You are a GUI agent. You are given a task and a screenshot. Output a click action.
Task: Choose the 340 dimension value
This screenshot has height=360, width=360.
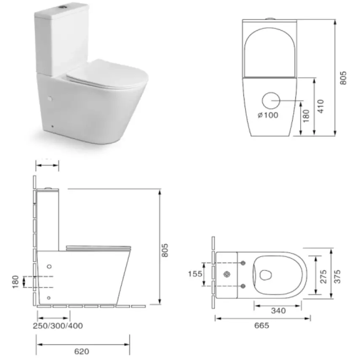pyautogui.click(x=278, y=311)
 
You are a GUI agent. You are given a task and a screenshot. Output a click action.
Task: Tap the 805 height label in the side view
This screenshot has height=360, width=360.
pyautogui.click(x=165, y=251)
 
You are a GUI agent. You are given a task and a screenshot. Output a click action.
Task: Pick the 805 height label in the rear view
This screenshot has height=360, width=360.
pyautogui.click(x=343, y=78)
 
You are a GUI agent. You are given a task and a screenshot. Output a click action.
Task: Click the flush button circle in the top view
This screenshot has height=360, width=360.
pyautogui.click(x=228, y=275)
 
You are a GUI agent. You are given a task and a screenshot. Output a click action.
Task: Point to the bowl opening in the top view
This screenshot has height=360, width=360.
pyautogui.click(x=266, y=275)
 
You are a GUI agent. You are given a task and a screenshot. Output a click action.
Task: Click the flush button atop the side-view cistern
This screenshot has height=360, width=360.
pyautogui.click(x=49, y=187)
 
